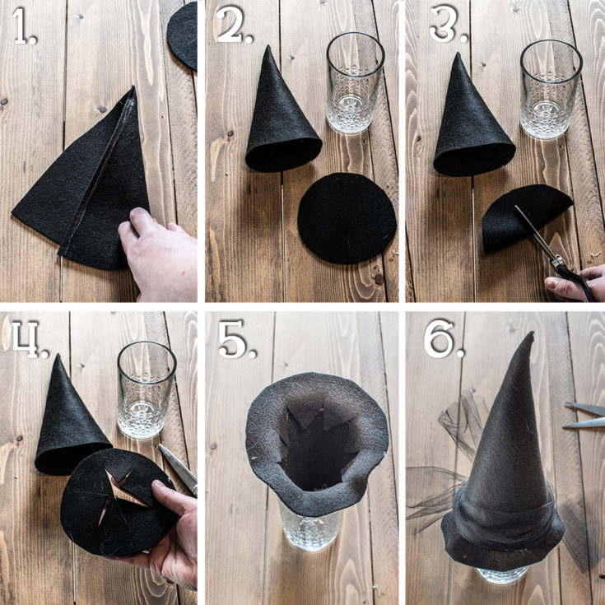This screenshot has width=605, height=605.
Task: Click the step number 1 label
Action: click(x=25, y=26)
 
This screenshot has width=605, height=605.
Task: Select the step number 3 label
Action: click(x=448, y=24)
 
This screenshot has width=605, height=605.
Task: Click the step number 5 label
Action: click(x=237, y=339)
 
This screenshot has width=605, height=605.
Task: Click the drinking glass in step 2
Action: click(x=355, y=83)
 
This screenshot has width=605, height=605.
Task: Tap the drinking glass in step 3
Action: click(x=551, y=89)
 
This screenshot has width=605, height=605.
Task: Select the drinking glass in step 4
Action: click(x=147, y=389)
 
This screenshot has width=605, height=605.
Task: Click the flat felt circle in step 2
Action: click(x=347, y=218)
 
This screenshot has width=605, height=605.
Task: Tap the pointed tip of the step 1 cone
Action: click(x=133, y=87)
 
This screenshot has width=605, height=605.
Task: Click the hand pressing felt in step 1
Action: click(x=159, y=254)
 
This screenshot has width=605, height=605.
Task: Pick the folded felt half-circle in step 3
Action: click(x=525, y=216)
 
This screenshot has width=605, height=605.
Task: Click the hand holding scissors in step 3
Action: click(x=575, y=284)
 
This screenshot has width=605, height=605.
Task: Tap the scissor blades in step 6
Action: click(x=584, y=415)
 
